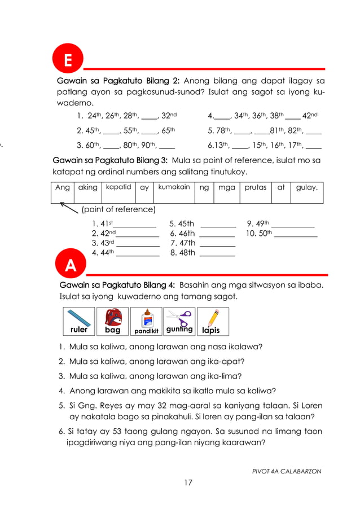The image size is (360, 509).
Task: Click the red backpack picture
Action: pyautogui.click(x=112, y=321)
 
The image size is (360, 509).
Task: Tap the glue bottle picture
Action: pyautogui.click(x=146, y=321)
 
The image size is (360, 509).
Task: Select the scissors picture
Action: pyautogui.click(x=179, y=321)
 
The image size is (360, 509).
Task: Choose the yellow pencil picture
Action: pyautogui.click(x=212, y=321)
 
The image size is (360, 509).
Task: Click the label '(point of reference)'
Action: pyautogui.click(x=118, y=210)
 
